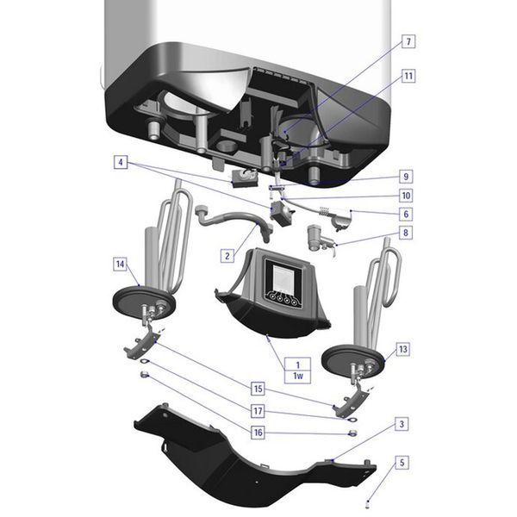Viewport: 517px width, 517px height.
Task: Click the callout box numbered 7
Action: [408, 41]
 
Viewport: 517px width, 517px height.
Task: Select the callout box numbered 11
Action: [408, 76]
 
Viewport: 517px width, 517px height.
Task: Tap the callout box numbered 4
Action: [121, 162]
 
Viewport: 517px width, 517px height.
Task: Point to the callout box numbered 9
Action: [406, 177]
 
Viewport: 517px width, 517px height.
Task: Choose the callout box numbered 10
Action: [406, 196]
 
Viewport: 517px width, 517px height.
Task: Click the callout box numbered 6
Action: [406, 214]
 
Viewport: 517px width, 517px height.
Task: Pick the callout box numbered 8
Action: [406, 233]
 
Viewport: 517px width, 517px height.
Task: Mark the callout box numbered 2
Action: [227, 256]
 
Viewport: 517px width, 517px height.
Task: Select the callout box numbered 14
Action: [120, 265]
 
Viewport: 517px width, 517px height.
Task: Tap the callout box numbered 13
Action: [403, 349]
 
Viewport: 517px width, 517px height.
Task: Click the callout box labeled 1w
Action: [298, 377]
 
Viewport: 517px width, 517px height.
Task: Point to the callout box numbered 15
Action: [258, 389]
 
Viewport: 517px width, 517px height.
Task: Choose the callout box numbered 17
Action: [258, 411]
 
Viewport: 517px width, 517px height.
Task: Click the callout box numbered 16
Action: [258, 433]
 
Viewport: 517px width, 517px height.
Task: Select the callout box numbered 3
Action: [402, 424]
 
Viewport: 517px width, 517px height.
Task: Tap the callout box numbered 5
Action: [402, 462]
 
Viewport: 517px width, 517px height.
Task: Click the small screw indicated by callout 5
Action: [368, 502]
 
